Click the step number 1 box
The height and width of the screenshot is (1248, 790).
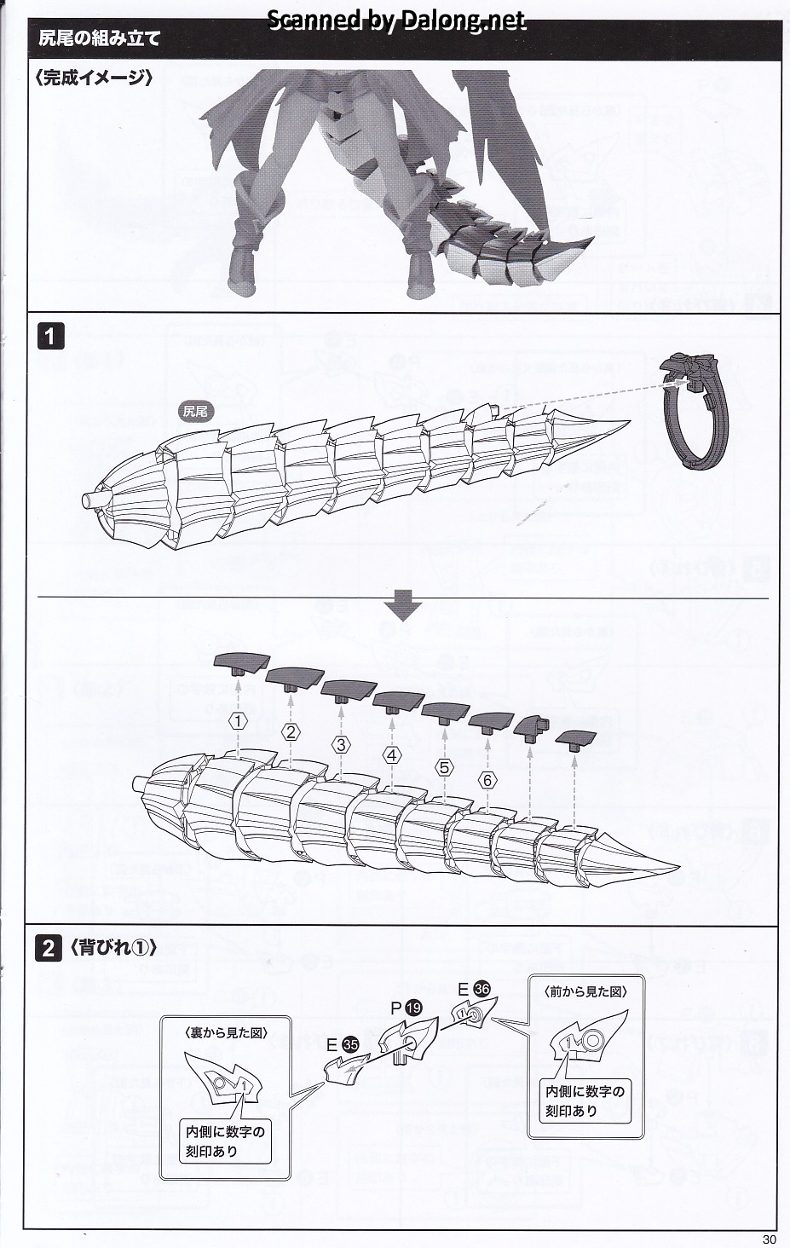[x=49, y=336]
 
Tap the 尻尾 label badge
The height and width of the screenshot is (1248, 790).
[x=195, y=412]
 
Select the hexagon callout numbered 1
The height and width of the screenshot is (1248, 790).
[x=238, y=721]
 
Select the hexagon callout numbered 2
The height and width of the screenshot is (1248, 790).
[x=291, y=731]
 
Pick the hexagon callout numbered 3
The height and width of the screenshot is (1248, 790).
[x=341, y=744]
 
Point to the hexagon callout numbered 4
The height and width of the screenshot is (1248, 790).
[x=391, y=755]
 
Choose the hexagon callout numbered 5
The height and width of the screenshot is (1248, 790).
[x=444, y=766]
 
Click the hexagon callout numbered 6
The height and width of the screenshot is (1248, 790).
[x=487, y=779]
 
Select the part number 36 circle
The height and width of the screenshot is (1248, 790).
[x=481, y=989]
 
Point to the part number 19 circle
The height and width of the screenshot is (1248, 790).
[x=414, y=1008]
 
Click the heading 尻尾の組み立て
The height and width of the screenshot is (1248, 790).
[x=100, y=39]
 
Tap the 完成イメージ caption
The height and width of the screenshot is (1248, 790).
[x=94, y=78]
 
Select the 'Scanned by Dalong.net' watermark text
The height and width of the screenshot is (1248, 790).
[x=397, y=20]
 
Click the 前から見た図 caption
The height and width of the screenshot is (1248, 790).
[x=585, y=991]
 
